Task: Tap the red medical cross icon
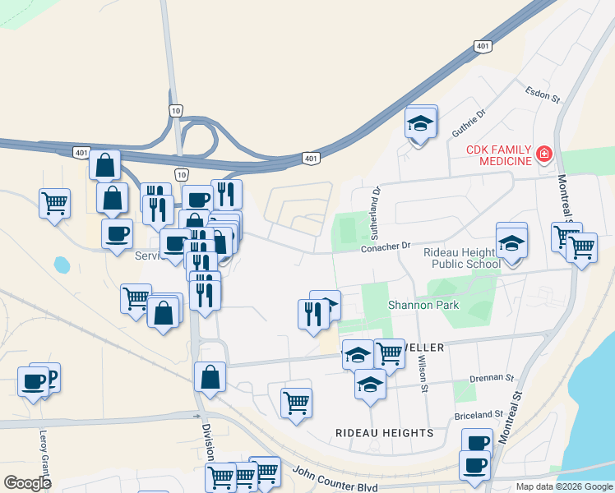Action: [543, 154]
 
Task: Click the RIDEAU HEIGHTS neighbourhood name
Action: [384, 432]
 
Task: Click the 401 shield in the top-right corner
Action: [483, 47]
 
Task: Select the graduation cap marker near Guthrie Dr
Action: [421, 124]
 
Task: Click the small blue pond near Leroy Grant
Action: [62, 265]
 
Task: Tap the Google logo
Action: [27, 483]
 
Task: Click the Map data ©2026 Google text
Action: [563, 486]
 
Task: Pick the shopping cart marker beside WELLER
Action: [390, 354]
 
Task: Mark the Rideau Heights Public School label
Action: [461, 258]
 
